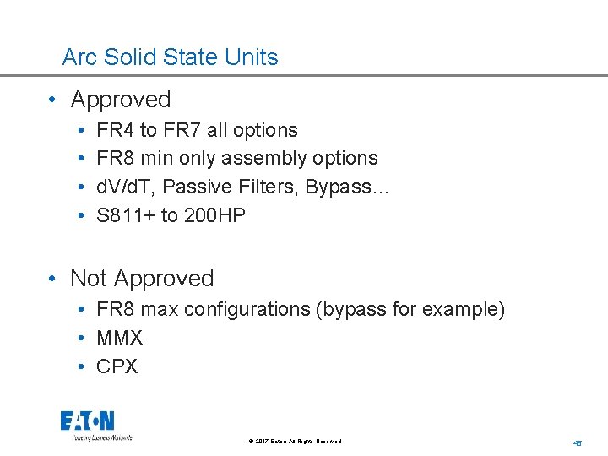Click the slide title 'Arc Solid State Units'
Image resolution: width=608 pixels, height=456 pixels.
170,57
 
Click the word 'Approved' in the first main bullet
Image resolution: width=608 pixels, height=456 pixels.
121,100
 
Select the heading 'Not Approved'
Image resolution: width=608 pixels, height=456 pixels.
142,279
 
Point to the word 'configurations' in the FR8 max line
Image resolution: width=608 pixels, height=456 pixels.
247,310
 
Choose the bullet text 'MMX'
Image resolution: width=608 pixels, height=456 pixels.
120,338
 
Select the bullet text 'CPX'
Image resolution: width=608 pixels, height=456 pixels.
117,366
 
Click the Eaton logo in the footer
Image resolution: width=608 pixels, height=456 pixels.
88,421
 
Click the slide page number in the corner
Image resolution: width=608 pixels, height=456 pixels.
578,442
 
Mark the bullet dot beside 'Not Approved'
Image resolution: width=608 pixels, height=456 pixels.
52,279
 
